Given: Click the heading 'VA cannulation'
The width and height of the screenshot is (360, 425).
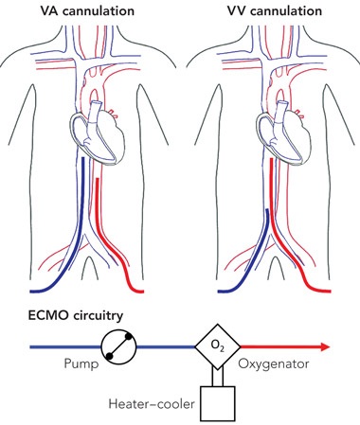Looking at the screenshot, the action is tap(87, 10).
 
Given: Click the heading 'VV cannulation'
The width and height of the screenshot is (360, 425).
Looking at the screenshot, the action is tap(275, 10).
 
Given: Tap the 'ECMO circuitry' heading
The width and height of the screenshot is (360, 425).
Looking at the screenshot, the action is tap(76, 316).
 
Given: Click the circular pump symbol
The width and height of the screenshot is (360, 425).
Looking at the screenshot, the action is tap(118, 347).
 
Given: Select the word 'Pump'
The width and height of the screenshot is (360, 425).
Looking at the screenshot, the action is tap(81, 363).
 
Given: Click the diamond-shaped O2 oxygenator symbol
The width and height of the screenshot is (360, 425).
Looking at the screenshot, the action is tap(217, 346).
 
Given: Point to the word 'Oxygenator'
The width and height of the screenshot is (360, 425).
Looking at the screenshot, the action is tap(274, 364).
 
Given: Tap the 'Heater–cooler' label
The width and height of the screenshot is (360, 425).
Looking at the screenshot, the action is tap(152, 404).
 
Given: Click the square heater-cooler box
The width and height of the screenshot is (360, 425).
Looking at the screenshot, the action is tap(218, 404).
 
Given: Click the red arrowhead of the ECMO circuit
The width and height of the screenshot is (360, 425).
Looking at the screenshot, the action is tap(326, 347).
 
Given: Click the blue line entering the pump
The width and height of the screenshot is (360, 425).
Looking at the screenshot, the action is tap(65, 347).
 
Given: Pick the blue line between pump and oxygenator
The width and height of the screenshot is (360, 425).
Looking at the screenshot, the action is tap(165, 347).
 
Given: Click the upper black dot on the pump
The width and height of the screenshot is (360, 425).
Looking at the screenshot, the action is tap(129, 337).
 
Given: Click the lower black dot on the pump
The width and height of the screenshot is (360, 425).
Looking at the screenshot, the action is tap(109, 356).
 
